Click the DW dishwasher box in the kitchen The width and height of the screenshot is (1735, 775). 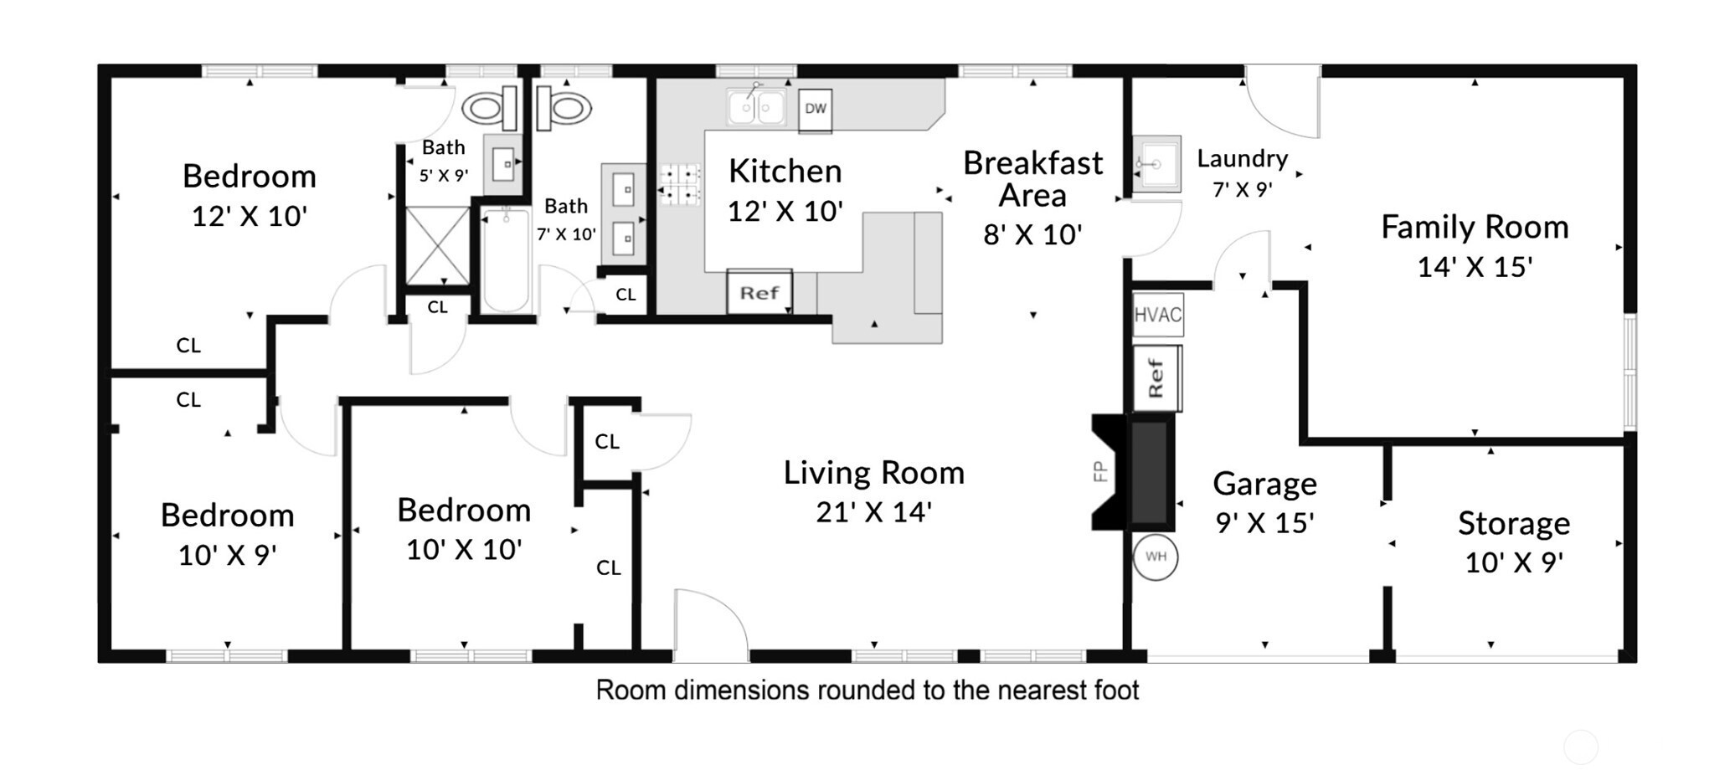pyautogui.click(x=815, y=110)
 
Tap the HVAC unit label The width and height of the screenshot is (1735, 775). pyautogui.click(x=1158, y=315)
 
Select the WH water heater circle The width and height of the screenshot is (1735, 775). pyautogui.click(x=1156, y=557)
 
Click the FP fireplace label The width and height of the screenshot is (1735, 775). pyautogui.click(x=1100, y=472)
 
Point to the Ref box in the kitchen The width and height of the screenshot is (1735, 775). pyautogui.click(x=759, y=292)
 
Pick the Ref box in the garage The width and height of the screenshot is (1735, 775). pyautogui.click(x=1157, y=378)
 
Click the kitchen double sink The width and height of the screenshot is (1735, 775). pyautogui.click(x=757, y=106)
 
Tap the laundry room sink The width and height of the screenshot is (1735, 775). pyautogui.click(x=1157, y=164)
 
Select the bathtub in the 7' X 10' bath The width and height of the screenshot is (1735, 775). pyautogui.click(x=506, y=259)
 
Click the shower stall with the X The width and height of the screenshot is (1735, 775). pyautogui.click(x=438, y=246)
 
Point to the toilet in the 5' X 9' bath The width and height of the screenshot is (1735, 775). pyautogui.click(x=490, y=108)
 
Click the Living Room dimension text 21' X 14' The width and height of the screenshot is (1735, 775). pyautogui.click(x=873, y=511)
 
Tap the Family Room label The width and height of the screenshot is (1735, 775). pyautogui.click(x=1475, y=227)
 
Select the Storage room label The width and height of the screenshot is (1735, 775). pyautogui.click(x=1513, y=523)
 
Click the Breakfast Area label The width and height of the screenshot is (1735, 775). pyautogui.click(x=1032, y=178)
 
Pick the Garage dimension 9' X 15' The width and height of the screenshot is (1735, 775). pyautogui.click(x=1264, y=522)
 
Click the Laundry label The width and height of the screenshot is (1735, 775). pyautogui.click(x=1242, y=158)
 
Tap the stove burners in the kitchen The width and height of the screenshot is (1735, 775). pyautogui.click(x=680, y=185)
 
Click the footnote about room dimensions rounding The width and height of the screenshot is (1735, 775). pyautogui.click(x=867, y=690)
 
